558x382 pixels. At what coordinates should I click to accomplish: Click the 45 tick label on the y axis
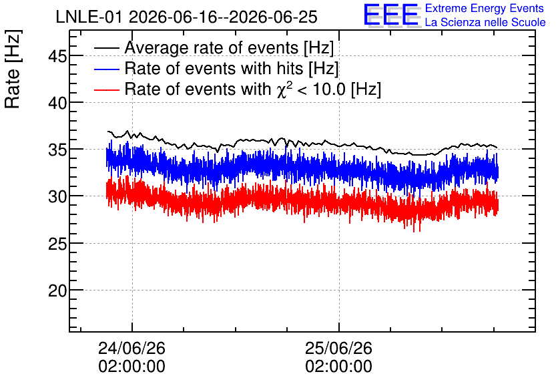(x=57, y=56)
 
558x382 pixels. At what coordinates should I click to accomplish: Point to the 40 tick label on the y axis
(x=57, y=103)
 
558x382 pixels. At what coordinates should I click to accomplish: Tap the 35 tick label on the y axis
(x=57, y=150)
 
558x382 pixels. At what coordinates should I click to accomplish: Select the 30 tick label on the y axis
(x=57, y=196)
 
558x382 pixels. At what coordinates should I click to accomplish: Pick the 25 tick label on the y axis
(x=57, y=244)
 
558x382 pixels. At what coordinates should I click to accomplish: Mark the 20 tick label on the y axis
(x=57, y=291)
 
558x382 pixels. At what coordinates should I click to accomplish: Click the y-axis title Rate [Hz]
(x=13, y=69)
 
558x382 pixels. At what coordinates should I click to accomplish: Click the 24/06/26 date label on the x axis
(x=131, y=348)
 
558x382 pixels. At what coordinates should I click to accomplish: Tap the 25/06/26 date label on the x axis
(x=338, y=348)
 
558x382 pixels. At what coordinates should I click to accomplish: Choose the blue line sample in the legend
(x=106, y=69)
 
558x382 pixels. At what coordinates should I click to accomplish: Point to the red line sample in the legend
(x=106, y=89)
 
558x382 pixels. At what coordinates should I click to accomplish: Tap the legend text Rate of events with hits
(x=214, y=68)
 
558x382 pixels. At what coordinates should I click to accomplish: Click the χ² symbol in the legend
(x=284, y=89)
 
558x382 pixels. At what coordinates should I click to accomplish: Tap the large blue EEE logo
(x=392, y=15)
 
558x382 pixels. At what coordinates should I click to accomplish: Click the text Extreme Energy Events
(x=485, y=8)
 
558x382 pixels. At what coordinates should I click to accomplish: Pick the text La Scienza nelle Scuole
(x=485, y=23)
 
